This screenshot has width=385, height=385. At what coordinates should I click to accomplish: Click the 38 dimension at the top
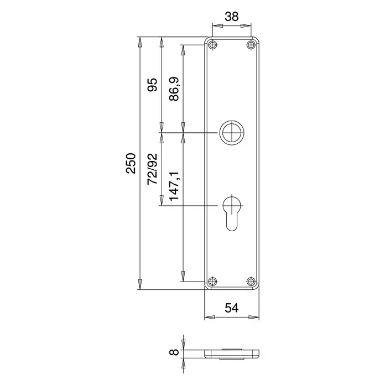(x=232, y=17)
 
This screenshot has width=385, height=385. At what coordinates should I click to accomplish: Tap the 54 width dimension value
(x=232, y=308)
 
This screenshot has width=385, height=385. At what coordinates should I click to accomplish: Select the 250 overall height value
(x=131, y=163)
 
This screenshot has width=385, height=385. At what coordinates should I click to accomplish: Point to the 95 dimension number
(x=152, y=85)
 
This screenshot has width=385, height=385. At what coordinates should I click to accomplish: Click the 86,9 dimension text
(x=174, y=89)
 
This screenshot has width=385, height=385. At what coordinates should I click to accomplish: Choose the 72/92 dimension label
(x=152, y=169)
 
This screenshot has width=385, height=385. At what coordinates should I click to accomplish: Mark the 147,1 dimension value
(x=174, y=186)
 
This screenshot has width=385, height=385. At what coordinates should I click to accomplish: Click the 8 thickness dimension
(x=174, y=352)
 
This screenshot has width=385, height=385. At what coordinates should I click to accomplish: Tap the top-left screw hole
(x=212, y=45)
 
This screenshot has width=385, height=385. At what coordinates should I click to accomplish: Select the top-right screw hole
(x=251, y=45)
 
